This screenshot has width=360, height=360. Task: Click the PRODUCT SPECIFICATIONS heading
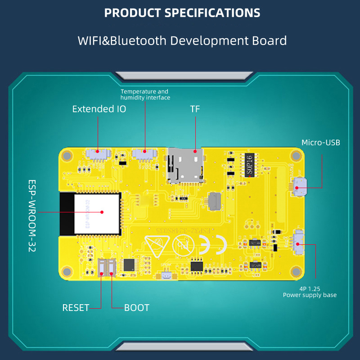(182, 12)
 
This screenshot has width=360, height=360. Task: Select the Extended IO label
(99, 109)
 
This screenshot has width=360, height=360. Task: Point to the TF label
(195, 109)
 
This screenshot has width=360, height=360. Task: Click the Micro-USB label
(321, 143)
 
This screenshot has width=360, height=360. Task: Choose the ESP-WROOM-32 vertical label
(31, 216)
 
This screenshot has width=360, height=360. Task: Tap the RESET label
(76, 308)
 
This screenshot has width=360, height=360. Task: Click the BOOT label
(136, 308)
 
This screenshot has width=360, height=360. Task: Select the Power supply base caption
(310, 295)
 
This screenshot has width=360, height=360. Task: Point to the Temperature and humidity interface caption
(145, 94)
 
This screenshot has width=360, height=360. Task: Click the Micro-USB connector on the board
(299, 186)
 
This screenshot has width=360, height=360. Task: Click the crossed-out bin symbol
(184, 246)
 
